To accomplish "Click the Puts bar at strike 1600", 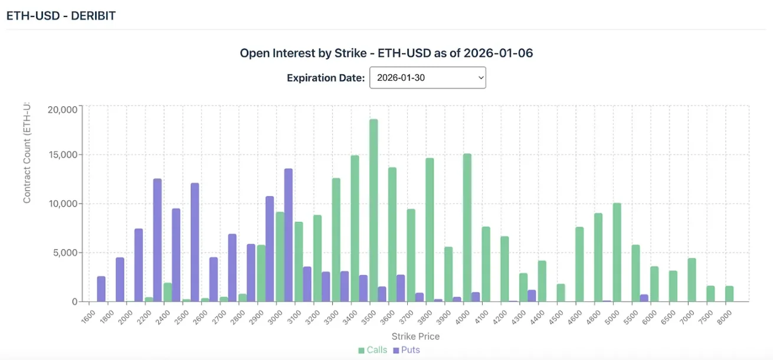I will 101,289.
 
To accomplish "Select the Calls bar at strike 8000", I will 729,294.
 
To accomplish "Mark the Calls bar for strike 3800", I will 430,230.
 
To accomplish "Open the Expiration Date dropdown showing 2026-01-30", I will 427,78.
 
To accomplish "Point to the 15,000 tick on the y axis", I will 62,155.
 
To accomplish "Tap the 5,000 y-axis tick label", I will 64,253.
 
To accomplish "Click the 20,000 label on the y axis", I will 62,109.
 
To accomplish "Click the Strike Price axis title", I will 415,336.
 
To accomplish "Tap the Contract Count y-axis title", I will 27,153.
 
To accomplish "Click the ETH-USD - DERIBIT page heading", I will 61,16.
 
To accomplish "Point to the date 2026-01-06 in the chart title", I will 498,53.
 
